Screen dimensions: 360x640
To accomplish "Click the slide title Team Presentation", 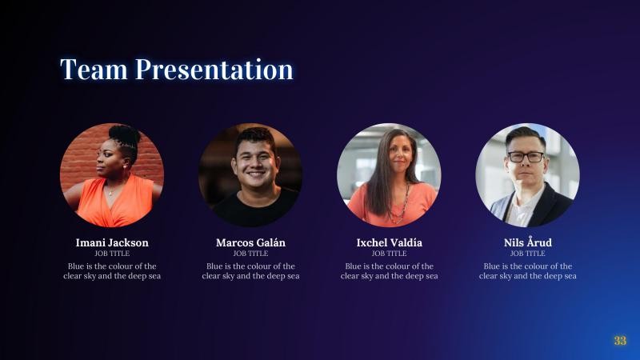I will (x=177, y=70).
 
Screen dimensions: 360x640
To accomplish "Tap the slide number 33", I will (x=620, y=341).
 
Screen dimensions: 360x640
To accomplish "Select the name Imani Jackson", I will (x=112, y=242).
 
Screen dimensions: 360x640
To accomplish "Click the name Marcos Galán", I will (x=250, y=242).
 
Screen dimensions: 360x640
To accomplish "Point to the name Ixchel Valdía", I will (x=390, y=242).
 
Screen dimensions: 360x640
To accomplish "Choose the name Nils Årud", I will (x=528, y=242).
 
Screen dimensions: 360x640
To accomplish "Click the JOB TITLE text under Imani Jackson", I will (x=112, y=254).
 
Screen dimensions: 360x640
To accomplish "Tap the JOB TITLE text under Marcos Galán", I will (x=250, y=254).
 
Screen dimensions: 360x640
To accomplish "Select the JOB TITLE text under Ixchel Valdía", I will (x=390, y=254).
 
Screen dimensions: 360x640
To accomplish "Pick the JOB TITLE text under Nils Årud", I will (x=528, y=254).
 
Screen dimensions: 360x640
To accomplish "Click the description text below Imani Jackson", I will (x=112, y=271).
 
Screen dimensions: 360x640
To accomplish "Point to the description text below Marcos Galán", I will (x=250, y=271).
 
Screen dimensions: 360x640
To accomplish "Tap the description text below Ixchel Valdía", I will (x=390, y=271).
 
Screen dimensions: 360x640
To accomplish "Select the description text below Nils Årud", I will (x=528, y=271).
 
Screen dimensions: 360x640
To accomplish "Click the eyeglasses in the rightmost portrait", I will (x=526, y=157).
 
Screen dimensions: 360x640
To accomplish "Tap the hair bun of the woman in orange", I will (x=124, y=133).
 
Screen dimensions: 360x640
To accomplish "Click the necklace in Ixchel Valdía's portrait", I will (x=397, y=204).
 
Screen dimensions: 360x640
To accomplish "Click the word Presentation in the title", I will (x=214, y=70).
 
